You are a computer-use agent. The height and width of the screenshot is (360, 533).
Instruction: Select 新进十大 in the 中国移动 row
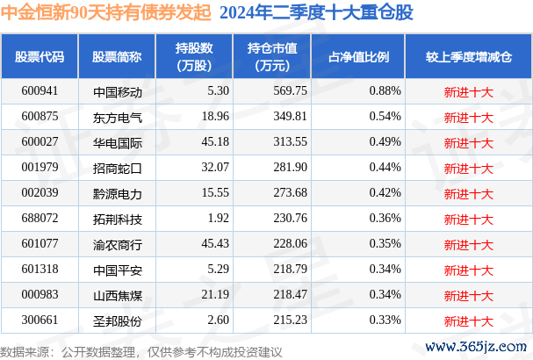coord(468,90)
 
